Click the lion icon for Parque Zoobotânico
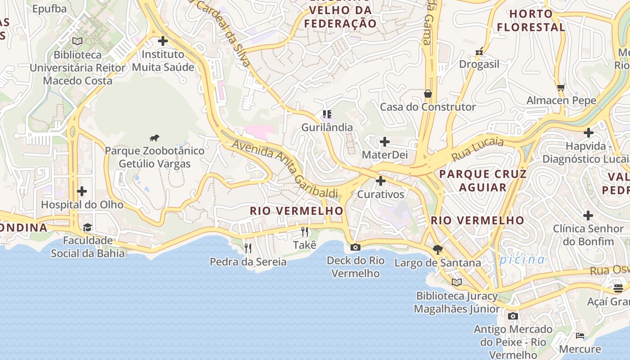154,138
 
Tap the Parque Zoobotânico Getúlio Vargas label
154,157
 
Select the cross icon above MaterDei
385,142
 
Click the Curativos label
381,194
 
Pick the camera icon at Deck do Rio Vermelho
355,247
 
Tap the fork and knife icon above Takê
305,232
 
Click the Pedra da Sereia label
248,261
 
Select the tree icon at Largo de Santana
437,249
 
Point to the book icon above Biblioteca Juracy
457,282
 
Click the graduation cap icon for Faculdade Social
87,227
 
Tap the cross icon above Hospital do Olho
82,191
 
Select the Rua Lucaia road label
477,149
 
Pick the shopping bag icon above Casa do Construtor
427,94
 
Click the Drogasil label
479,64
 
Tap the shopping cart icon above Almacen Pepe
561,87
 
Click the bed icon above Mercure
580,336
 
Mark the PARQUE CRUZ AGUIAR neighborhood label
483,180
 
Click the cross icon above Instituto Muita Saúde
163,41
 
